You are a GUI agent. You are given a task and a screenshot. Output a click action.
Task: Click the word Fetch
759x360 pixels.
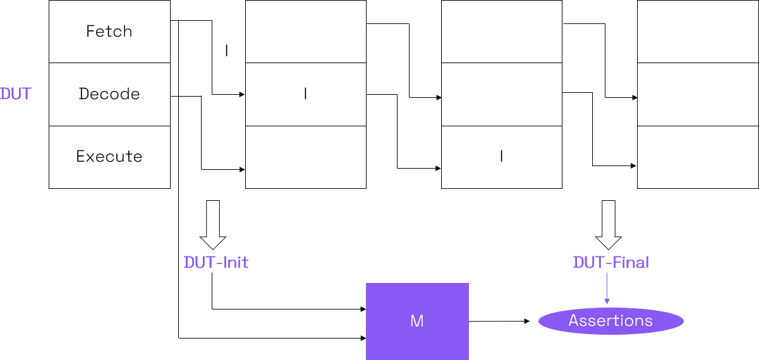click(109, 32)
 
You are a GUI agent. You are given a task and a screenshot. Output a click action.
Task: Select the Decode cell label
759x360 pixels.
click(109, 94)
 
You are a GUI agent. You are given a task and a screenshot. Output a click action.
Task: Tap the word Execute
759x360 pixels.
click(109, 157)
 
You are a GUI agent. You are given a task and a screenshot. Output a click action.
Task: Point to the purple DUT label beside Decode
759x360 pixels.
click(16, 94)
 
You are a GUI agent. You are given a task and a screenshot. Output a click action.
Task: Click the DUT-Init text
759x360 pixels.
click(216, 263)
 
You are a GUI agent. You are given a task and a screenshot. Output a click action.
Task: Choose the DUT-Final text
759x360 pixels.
click(611, 263)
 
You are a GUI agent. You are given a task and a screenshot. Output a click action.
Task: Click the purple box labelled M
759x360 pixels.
click(417, 321)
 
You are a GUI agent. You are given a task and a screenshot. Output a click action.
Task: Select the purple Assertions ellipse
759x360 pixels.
click(610, 321)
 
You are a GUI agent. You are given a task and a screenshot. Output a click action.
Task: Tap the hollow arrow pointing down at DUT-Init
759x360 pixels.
click(213, 225)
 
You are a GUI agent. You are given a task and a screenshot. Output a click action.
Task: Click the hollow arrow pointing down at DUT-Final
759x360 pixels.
click(609, 225)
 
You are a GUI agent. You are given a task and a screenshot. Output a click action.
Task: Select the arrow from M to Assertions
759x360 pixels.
click(499, 321)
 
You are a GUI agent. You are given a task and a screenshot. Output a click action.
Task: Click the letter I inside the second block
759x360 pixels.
click(305, 94)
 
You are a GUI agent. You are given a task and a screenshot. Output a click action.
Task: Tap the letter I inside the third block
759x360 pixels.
click(501, 157)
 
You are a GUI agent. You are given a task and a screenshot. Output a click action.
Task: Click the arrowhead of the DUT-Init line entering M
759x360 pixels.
click(363, 309)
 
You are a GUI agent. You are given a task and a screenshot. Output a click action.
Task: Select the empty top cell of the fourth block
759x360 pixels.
click(698, 32)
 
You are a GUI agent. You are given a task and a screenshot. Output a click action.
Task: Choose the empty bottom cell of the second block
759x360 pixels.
click(305, 157)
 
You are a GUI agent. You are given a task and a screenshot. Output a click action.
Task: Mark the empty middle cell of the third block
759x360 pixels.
click(501, 94)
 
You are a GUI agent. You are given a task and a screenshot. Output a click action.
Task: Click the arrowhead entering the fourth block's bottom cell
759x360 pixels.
click(633, 166)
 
